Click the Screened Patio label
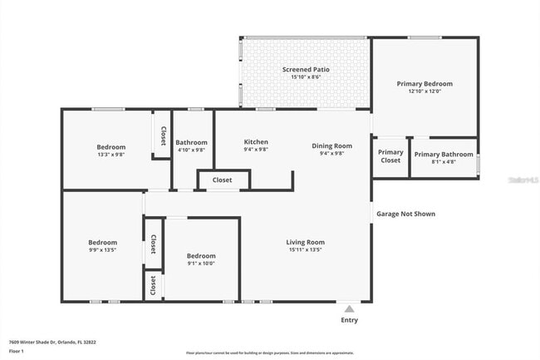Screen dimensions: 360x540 pos(306,70)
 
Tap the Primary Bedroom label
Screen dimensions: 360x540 pos(425,84)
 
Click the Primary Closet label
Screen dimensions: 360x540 pos(390,156)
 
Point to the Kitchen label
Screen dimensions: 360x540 pos(256,142)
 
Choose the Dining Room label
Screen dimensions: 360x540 pos(332,145)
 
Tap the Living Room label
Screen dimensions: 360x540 pos(305,242)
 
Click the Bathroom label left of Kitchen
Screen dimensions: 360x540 pos(192,142)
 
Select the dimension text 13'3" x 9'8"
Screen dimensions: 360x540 pos(111,155)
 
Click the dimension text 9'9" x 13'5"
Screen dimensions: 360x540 pos(103,250)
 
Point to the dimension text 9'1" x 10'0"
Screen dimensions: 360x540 pos(201,264)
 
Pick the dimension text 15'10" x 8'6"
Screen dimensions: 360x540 pos(306,77)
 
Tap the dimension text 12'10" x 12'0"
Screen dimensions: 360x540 pos(425,91)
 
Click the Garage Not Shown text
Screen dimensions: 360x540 pos(405,214)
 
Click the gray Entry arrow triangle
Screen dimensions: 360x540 pos(350,308)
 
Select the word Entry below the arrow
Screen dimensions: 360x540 pos(350,320)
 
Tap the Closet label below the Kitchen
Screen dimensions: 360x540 pos(222,180)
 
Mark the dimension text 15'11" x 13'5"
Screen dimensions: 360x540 pos(305,249)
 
